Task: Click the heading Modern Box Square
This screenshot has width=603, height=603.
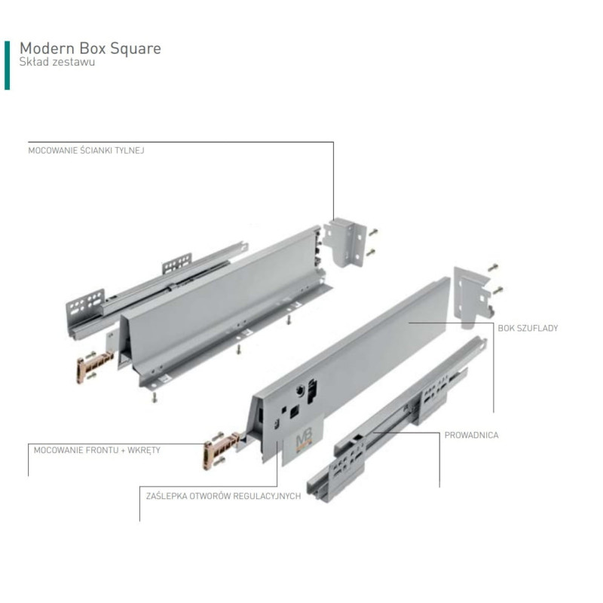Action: point(90,49)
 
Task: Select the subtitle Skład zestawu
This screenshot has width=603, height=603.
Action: point(57,62)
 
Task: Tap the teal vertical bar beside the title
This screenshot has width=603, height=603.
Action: point(7,66)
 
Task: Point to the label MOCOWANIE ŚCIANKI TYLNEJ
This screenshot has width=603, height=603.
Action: point(86,150)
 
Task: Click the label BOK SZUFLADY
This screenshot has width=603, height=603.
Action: point(528,328)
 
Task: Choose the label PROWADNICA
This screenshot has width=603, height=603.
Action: point(472,435)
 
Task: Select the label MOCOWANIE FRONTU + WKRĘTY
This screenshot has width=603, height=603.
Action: point(97,450)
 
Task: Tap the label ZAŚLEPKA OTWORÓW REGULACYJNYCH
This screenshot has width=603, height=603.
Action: point(223,496)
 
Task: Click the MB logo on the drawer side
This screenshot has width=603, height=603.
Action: point(305,439)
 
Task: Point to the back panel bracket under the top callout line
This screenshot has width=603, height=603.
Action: point(345,241)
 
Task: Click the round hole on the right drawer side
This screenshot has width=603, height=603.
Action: point(299,390)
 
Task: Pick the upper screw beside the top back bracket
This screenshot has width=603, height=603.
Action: point(372,232)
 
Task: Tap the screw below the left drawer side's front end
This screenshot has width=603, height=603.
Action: point(155,398)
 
